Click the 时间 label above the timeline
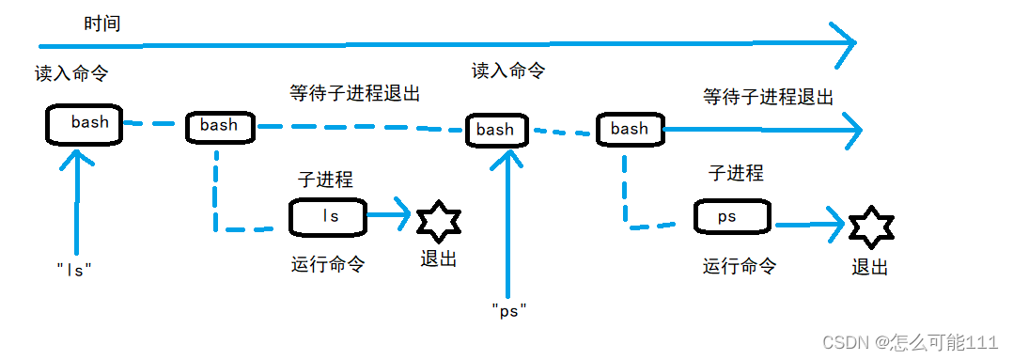click(x=102, y=24)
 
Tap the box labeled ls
click(x=327, y=217)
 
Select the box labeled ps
click(x=733, y=217)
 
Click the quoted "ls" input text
click(x=74, y=270)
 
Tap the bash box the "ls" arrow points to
click(x=84, y=124)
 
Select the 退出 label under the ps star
click(x=869, y=267)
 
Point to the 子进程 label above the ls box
click(x=325, y=179)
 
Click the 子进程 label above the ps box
click(x=736, y=173)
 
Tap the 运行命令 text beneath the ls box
click(x=328, y=264)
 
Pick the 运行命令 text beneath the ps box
click(x=740, y=266)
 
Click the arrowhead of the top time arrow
click(x=855, y=42)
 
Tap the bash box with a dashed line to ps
click(x=630, y=130)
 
